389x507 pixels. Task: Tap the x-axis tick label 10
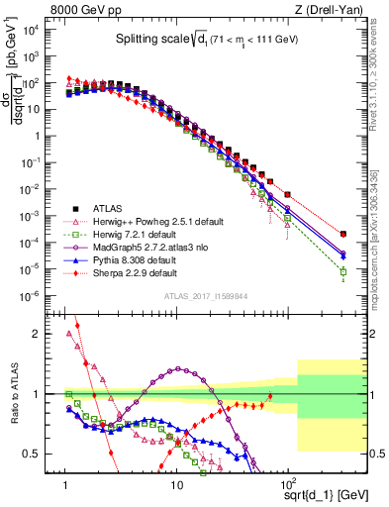pos(176,486)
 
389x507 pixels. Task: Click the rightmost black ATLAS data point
pos(342,234)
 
